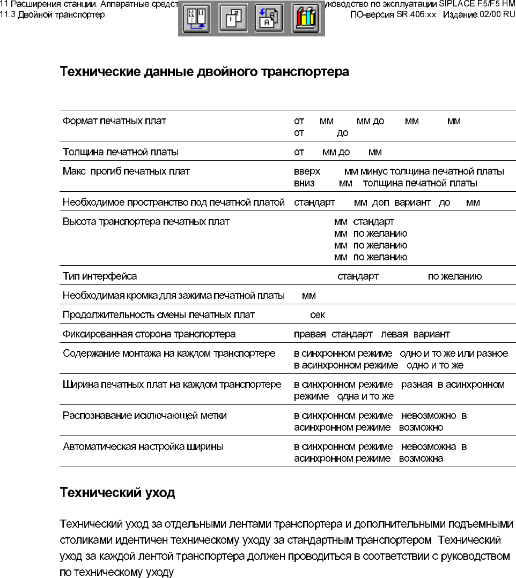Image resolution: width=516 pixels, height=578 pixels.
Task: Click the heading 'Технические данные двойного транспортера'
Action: click(204, 72)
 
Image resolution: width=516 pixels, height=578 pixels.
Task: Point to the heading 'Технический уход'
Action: click(117, 493)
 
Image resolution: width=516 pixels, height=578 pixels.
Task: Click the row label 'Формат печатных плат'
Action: click(114, 121)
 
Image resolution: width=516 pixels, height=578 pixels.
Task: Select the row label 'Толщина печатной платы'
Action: click(121, 152)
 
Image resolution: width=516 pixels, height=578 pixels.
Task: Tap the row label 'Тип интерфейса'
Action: click(100, 276)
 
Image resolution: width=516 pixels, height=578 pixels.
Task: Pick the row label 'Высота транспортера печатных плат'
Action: click(146, 221)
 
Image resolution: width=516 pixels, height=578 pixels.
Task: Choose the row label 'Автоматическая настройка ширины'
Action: click(143, 447)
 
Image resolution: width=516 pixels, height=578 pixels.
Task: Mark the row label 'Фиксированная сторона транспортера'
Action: click(149, 334)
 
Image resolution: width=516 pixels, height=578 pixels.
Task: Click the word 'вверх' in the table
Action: click(307, 171)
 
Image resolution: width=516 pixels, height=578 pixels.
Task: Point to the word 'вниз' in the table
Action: click(304, 183)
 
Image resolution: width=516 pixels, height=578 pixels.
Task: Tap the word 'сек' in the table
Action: click(318, 315)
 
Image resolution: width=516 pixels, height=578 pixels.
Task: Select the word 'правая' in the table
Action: click(309, 334)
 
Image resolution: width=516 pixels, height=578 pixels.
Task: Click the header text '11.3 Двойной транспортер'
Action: click(53, 14)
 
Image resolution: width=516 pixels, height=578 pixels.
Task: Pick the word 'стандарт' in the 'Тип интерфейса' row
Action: click(358, 276)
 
